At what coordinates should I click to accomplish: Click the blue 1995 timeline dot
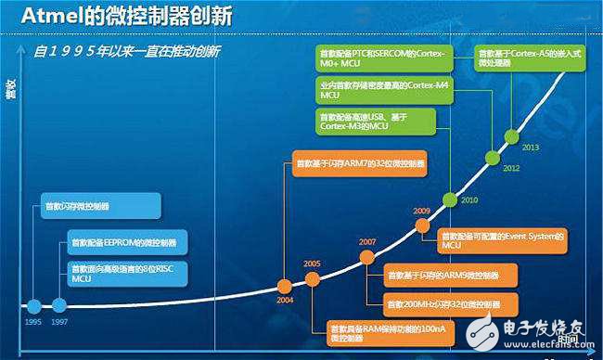[34, 305]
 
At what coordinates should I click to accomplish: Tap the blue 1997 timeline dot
[60, 305]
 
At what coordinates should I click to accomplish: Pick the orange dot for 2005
[312, 277]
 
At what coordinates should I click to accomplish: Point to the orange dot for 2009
[422, 225]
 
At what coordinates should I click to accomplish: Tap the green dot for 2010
[451, 199]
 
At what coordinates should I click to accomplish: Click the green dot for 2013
[509, 135]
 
